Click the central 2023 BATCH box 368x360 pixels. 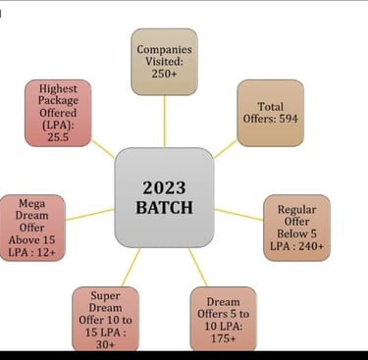164,197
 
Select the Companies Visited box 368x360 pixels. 164,62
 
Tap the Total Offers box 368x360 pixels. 270,112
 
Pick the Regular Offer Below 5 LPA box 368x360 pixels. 296,228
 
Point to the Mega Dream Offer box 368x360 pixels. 32,229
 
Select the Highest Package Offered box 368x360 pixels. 58,112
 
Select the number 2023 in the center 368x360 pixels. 164,186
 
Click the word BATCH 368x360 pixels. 164,208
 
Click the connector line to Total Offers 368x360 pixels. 225,148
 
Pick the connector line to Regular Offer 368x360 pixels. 237,214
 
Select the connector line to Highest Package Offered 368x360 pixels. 104,149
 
